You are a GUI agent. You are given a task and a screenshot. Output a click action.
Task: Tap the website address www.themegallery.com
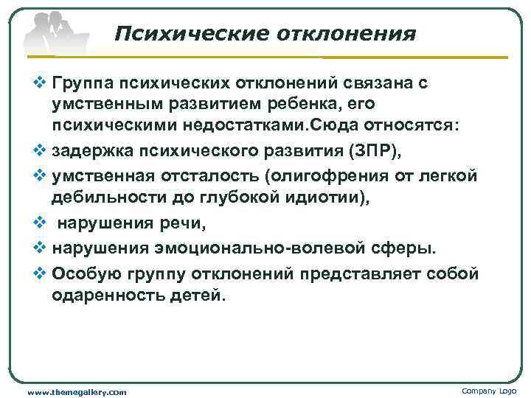click(x=77, y=391)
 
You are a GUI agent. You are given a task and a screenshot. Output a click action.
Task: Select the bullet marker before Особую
click(x=40, y=273)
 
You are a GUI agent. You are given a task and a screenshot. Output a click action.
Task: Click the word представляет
click(x=357, y=273)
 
